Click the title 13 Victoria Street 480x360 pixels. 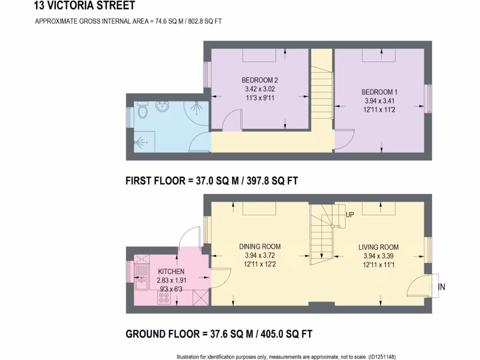click(x=84, y=6)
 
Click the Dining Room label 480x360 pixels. click(x=260, y=247)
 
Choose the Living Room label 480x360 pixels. click(x=378, y=247)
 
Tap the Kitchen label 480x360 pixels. click(x=171, y=271)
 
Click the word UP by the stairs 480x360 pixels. click(x=350, y=215)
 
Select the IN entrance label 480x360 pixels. click(x=442, y=287)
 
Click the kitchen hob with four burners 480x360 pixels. click(x=164, y=299)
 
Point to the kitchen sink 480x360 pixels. click(x=141, y=277)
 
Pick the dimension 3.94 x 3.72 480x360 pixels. click(x=260, y=255)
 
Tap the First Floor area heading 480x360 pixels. click(x=212, y=181)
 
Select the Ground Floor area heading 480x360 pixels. click(x=219, y=334)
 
